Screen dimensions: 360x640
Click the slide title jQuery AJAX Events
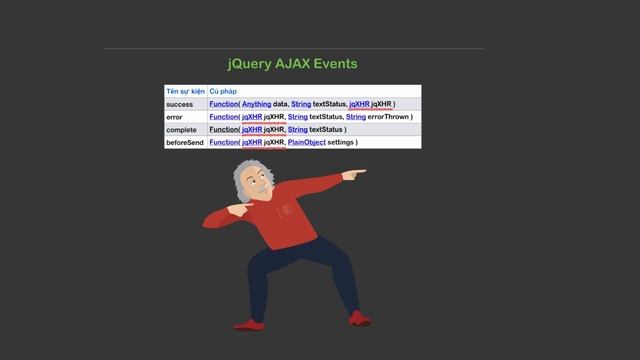(x=292, y=64)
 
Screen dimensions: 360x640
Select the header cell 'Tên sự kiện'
(x=185, y=91)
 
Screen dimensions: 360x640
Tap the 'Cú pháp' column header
(x=223, y=91)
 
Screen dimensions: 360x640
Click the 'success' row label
(x=180, y=104)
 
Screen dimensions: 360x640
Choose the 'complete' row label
(x=182, y=130)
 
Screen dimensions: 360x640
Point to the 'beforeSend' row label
(x=186, y=143)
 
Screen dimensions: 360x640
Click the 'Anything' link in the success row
(x=256, y=104)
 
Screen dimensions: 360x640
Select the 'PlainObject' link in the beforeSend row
(x=311, y=143)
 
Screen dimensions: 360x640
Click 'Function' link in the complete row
(x=223, y=130)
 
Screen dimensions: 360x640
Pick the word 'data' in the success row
(x=281, y=104)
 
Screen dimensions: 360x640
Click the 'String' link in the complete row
(x=297, y=130)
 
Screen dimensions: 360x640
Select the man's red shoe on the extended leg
(x=359, y=319)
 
